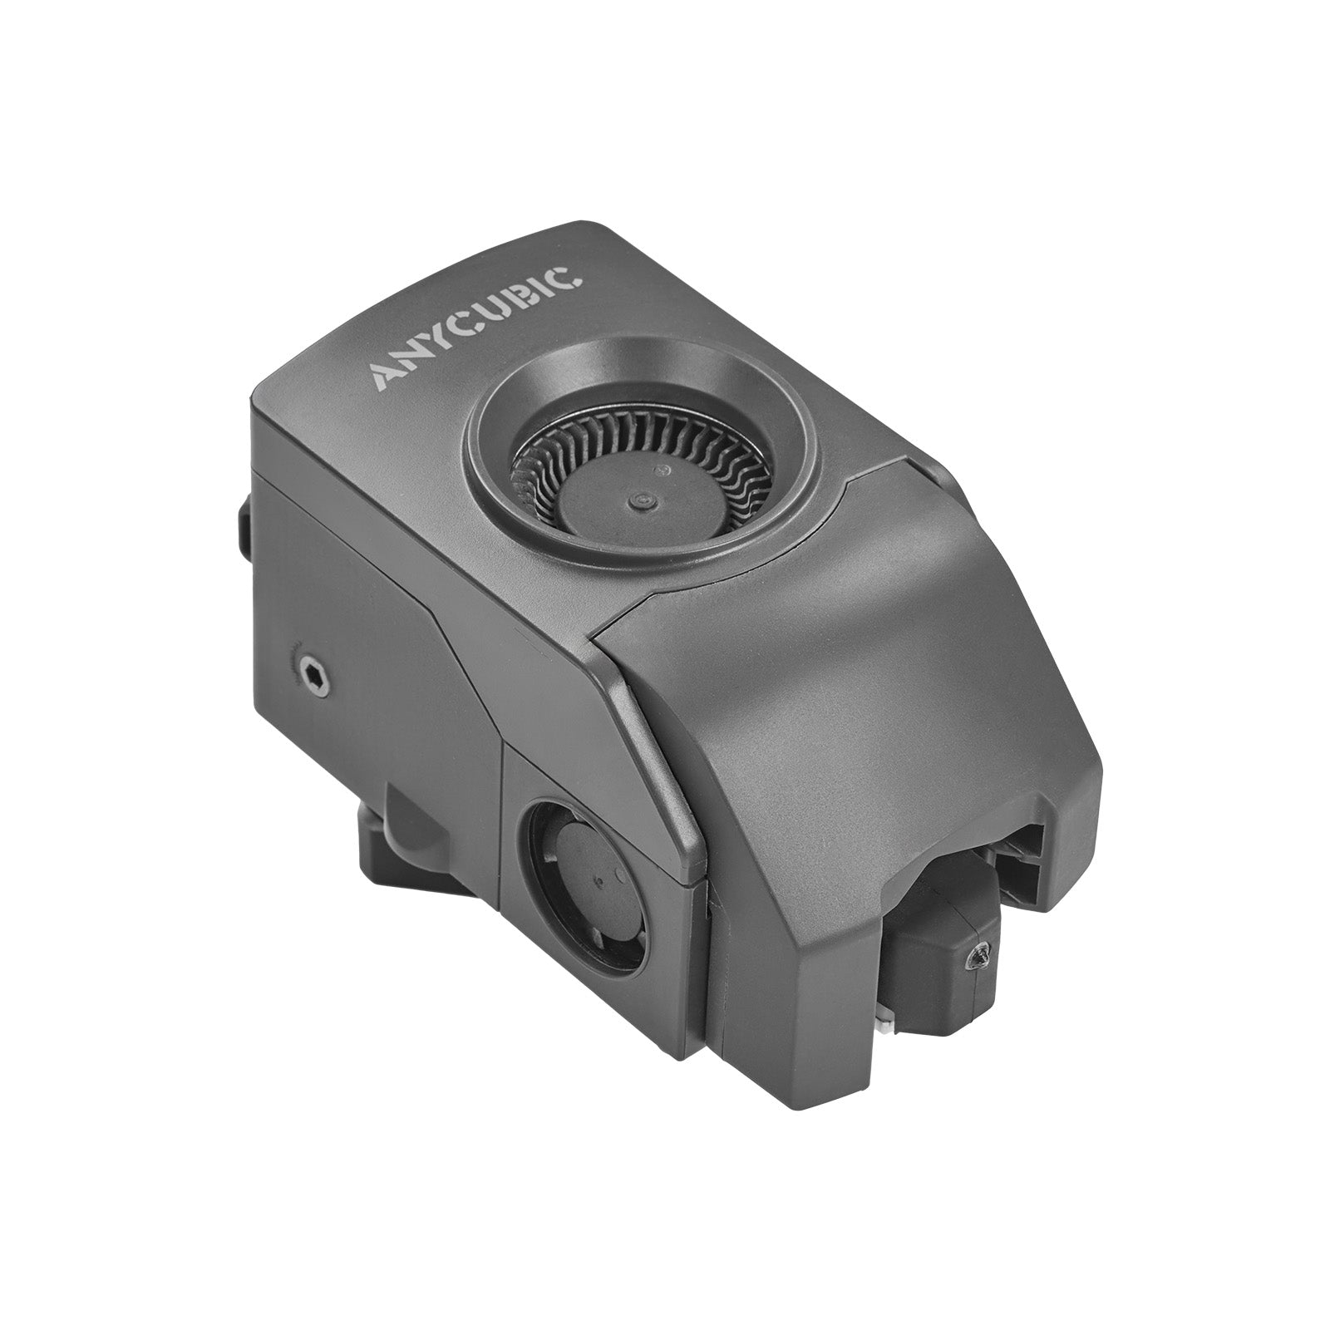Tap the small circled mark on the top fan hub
click(663, 470)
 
